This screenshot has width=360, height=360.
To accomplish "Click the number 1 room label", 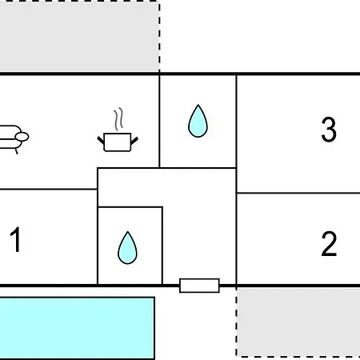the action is tap(16, 239).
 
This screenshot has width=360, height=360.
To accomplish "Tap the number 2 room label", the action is tap(329, 244).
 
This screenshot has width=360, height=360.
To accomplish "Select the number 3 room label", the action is tap(329, 130).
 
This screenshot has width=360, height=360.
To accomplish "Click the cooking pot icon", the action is tap(118, 142).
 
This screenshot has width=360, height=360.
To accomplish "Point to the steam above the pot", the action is tap(118, 118).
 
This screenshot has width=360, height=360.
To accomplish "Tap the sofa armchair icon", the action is tap(13, 138).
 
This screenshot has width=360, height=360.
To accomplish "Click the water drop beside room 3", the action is tap(198, 121).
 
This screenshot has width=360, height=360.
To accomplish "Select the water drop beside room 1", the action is tap(127, 247).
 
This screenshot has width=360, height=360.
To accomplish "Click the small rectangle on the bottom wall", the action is tap(199, 286).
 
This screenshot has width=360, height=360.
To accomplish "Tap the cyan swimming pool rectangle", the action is tap(78, 328).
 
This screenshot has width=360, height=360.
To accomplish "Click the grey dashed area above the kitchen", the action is tap(79, 36).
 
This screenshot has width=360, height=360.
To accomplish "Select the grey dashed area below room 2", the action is tap(298, 322).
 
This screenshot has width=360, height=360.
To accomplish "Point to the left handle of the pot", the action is tap(101, 140).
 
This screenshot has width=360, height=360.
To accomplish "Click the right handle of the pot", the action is tap(134, 141).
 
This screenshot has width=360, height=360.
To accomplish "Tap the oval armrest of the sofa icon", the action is tap(22, 137).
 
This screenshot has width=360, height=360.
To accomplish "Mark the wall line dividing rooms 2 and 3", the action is tap(298, 193).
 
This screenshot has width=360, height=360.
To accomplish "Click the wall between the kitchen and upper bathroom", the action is tap(159, 122).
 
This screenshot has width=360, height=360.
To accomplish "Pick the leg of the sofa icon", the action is tap(16, 151).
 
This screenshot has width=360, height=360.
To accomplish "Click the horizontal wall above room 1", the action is tap(49, 190).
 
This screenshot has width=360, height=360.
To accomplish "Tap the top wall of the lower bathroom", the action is tap(130, 207).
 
